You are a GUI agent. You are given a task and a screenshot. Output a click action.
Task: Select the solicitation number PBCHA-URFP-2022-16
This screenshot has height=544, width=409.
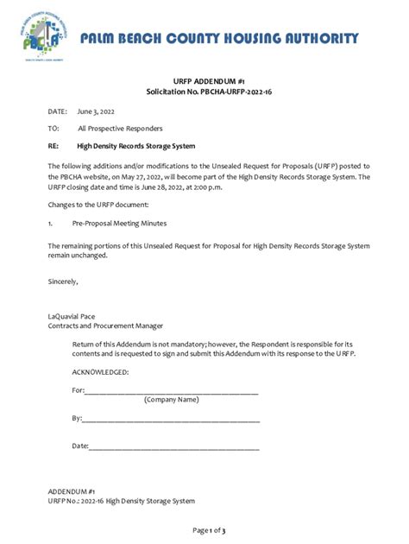229,92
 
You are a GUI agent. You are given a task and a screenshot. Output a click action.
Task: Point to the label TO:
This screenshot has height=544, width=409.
53,129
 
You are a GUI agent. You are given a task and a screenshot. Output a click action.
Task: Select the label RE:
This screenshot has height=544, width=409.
53,145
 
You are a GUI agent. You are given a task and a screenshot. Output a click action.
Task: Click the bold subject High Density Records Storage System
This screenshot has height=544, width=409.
136,145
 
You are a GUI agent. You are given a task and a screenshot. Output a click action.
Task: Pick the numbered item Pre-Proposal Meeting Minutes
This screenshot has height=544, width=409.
120,224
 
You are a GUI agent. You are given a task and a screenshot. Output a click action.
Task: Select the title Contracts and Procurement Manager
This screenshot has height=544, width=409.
105,326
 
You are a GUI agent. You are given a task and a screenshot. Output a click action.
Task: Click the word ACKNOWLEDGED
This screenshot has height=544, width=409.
101,371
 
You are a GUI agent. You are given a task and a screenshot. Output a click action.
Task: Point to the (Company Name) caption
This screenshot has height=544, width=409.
172,400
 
